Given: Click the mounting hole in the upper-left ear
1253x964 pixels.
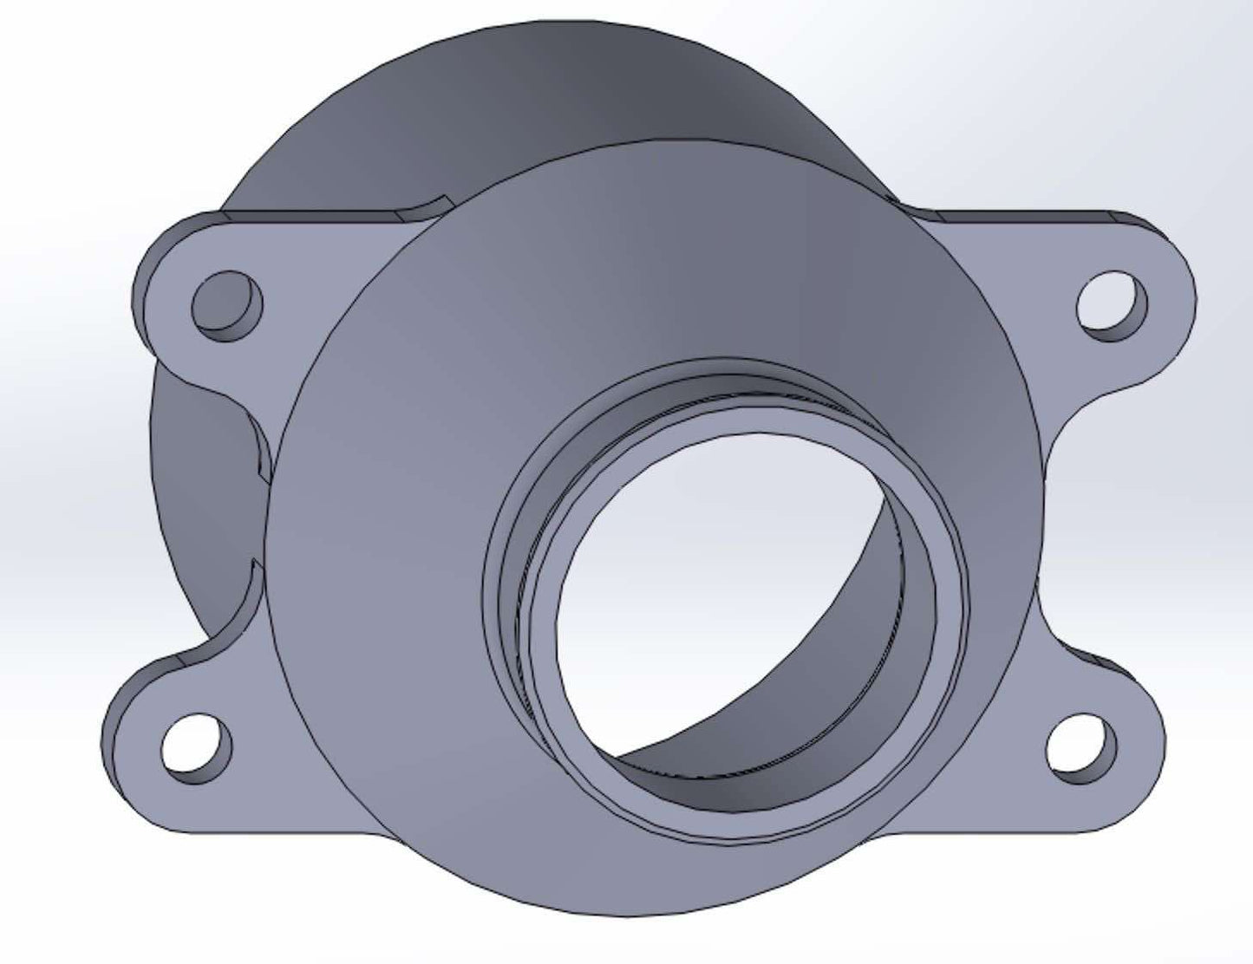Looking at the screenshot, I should [226, 306].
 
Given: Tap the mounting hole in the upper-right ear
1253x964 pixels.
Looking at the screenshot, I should [1111, 305].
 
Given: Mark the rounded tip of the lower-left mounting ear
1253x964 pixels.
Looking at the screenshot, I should [117, 746].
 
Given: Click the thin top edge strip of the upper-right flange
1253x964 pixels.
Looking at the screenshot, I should [1023, 213].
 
